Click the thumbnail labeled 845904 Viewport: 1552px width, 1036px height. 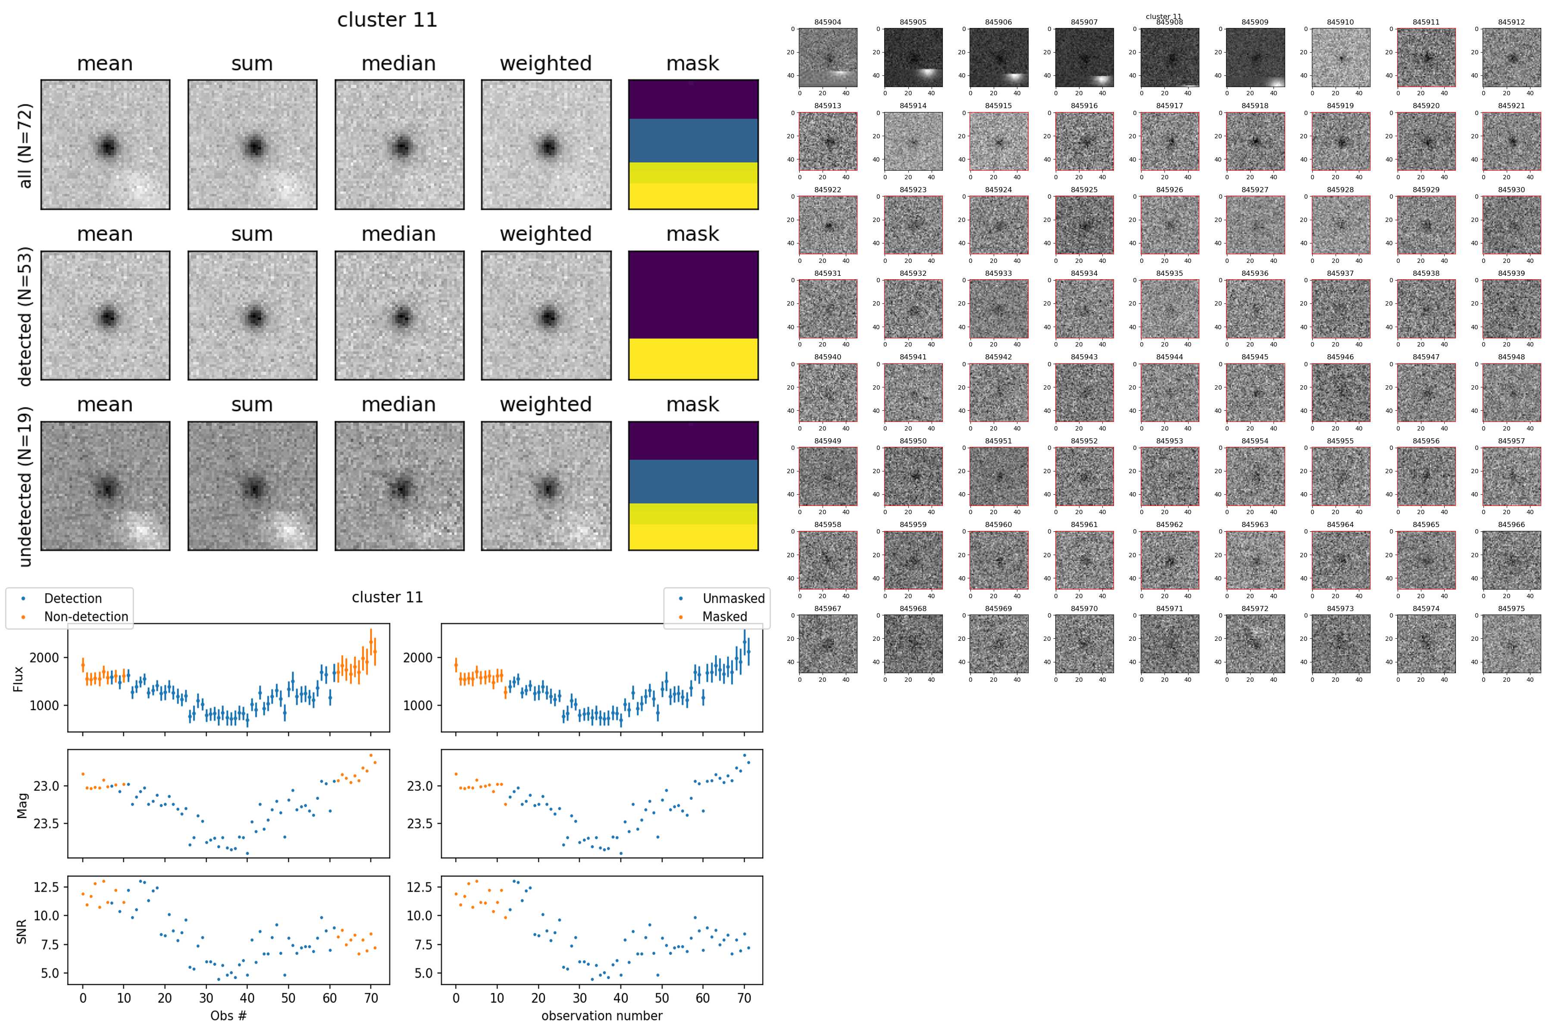(828, 57)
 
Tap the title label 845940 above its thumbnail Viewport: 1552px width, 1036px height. (828, 357)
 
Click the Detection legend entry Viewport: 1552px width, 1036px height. (73, 599)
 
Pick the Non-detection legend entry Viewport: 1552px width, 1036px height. (86, 616)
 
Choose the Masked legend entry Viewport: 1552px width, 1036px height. (724, 616)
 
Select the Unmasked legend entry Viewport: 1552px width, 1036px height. (733, 599)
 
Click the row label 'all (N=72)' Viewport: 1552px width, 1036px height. (25, 145)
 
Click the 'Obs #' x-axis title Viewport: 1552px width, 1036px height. (228, 1015)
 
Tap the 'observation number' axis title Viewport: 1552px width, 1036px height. (601, 1015)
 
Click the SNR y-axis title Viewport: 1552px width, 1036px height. (22, 932)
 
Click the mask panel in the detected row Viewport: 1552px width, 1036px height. (693, 315)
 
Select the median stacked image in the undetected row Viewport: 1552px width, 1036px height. (399, 486)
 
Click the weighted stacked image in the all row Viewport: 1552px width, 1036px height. (546, 145)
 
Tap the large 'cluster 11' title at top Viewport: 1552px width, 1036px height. (387, 20)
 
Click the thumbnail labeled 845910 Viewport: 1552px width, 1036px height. (1340, 57)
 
